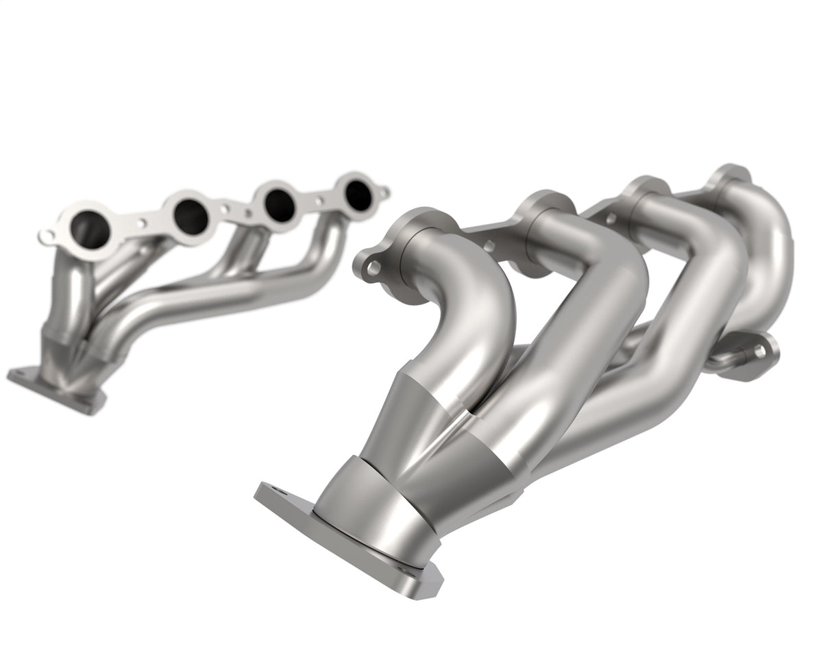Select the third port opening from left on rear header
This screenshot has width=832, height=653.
(x=280, y=204)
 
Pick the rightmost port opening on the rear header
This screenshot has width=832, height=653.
(x=358, y=195)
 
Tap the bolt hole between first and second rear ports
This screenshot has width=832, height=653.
(x=141, y=223)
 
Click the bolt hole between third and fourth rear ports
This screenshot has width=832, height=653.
(x=319, y=201)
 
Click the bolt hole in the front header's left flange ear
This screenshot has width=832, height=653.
(x=372, y=268)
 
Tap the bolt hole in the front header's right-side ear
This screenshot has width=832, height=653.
(x=759, y=352)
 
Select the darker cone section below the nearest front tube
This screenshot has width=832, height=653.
(x=404, y=418)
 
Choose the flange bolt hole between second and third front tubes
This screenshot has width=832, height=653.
(x=609, y=218)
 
